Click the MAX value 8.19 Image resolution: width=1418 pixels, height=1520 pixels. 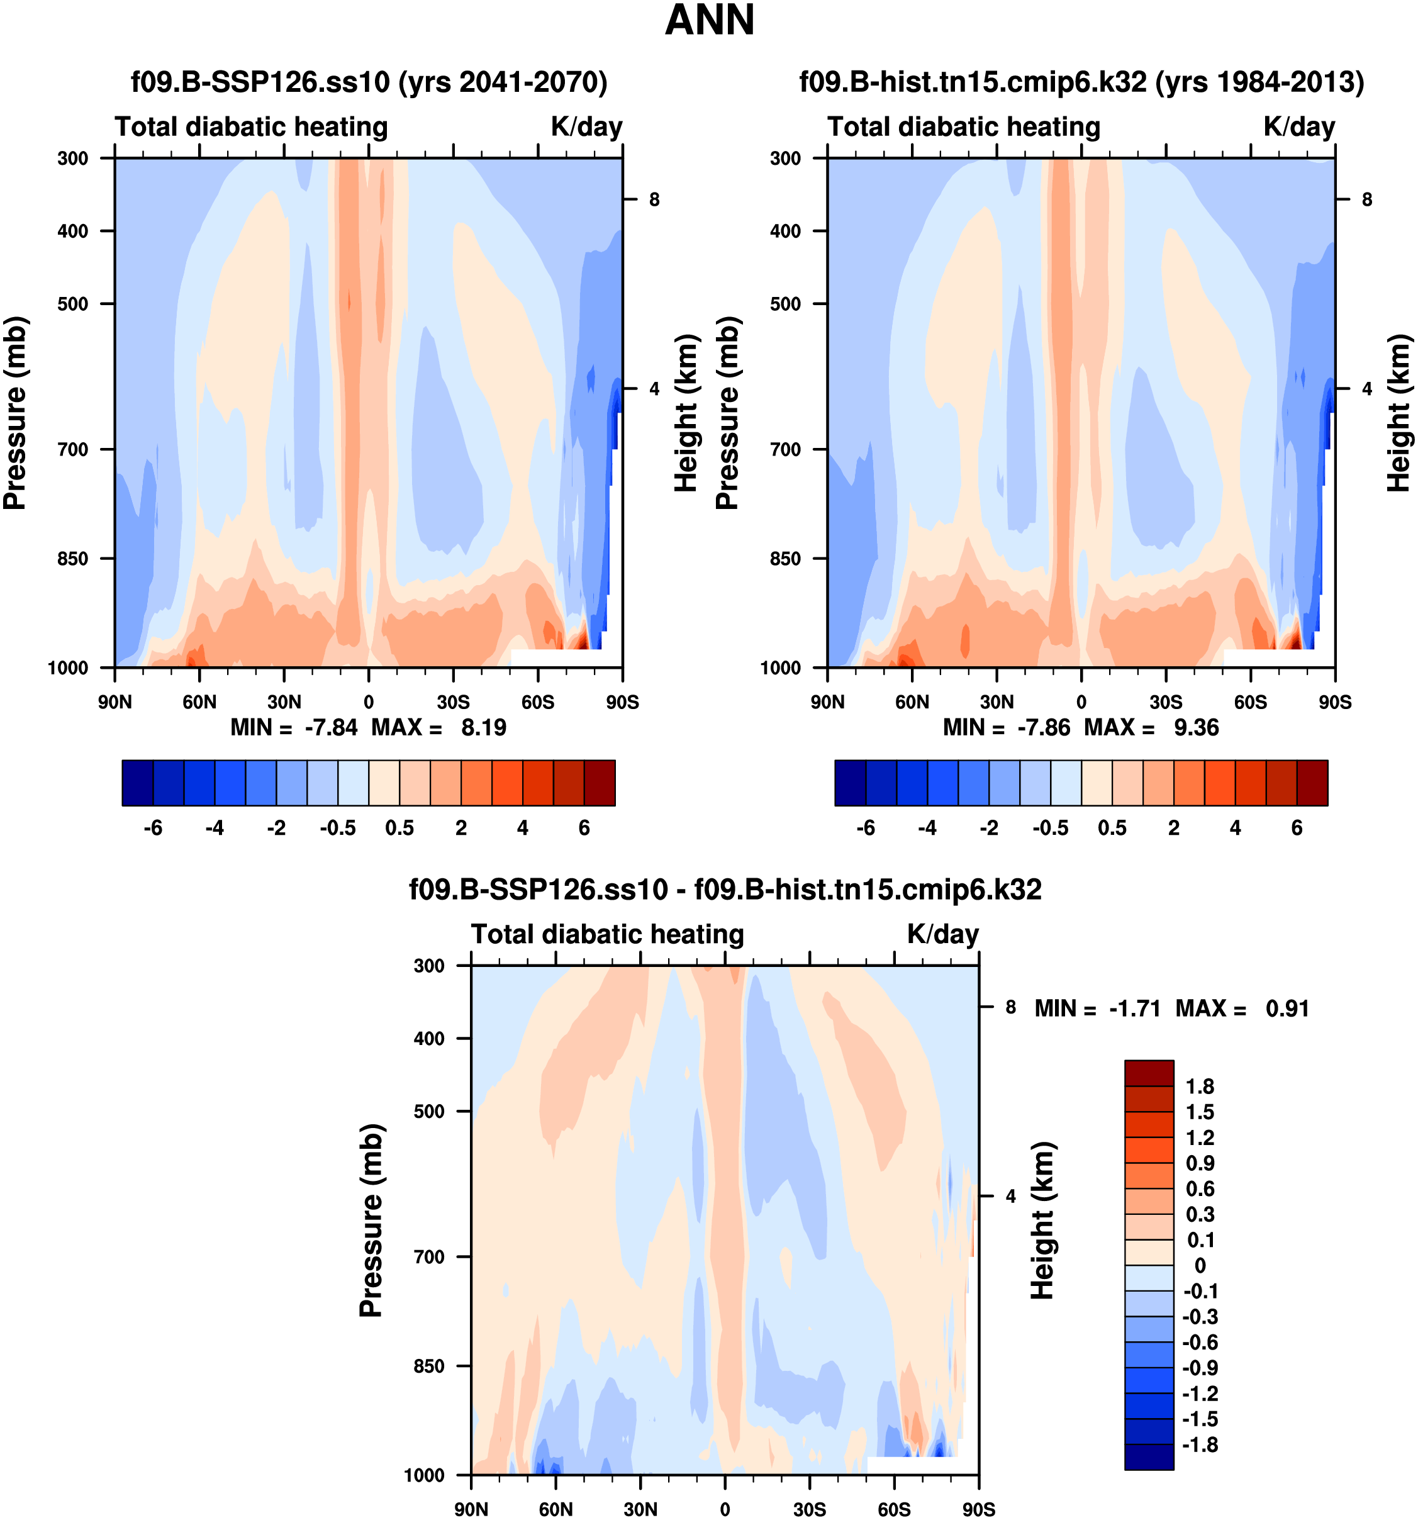pos(483,727)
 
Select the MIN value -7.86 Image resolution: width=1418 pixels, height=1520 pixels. pos(1044,727)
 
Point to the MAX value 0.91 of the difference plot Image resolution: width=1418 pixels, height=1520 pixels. pos(1287,1009)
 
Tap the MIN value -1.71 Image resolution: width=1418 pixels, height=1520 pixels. pos(1134,1009)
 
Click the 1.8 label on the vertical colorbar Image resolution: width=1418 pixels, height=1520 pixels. pos(1199,1087)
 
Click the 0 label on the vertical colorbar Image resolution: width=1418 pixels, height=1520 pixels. pos(1199,1265)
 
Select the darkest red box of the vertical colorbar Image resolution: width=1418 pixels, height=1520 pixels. pos(1148,1073)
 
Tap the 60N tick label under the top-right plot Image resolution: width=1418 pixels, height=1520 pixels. pos(912,702)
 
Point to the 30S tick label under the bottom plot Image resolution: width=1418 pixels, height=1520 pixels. pos(810,1509)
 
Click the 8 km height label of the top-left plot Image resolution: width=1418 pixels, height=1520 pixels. pos(654,199)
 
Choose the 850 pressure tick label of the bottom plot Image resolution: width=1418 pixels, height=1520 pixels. pos(429,1366)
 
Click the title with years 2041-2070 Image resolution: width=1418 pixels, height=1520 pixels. pos(369,82)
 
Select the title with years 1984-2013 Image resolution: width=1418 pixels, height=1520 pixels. pos(1081,82)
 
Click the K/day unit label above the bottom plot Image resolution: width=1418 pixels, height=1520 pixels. pos(942,934)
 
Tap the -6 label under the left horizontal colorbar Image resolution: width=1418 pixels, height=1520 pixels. pos(153,828)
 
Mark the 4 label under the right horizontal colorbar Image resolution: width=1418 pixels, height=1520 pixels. pos(1236,828)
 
